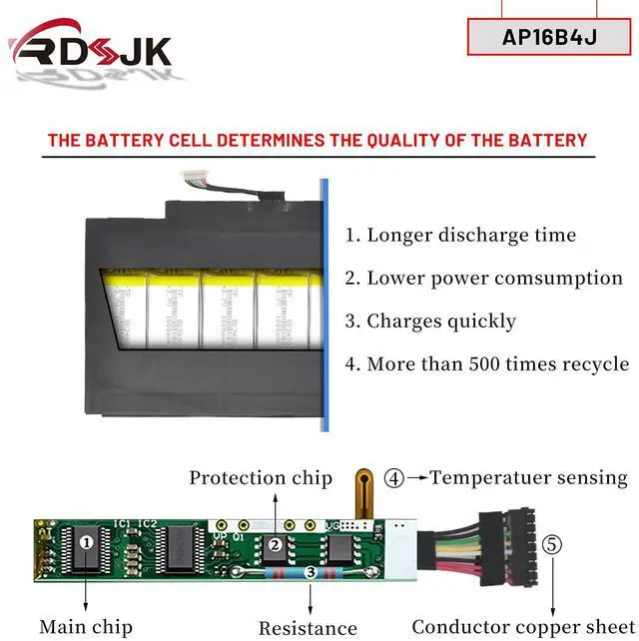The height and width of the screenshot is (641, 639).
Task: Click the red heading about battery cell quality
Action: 318,140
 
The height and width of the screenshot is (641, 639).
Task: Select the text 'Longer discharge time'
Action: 460,236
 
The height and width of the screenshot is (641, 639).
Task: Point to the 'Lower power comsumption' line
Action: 484,278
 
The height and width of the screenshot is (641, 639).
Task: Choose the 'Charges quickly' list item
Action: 430,320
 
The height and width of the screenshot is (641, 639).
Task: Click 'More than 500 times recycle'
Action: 487,363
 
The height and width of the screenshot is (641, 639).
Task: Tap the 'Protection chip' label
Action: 261,478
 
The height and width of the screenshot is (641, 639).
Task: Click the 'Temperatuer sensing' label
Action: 529,478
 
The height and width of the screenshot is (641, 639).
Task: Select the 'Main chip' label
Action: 85,627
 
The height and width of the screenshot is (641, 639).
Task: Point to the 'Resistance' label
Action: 308,628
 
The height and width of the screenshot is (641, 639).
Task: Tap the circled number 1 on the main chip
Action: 87,543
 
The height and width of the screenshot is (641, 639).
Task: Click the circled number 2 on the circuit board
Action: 274,545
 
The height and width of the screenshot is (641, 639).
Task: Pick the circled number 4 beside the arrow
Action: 394,478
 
